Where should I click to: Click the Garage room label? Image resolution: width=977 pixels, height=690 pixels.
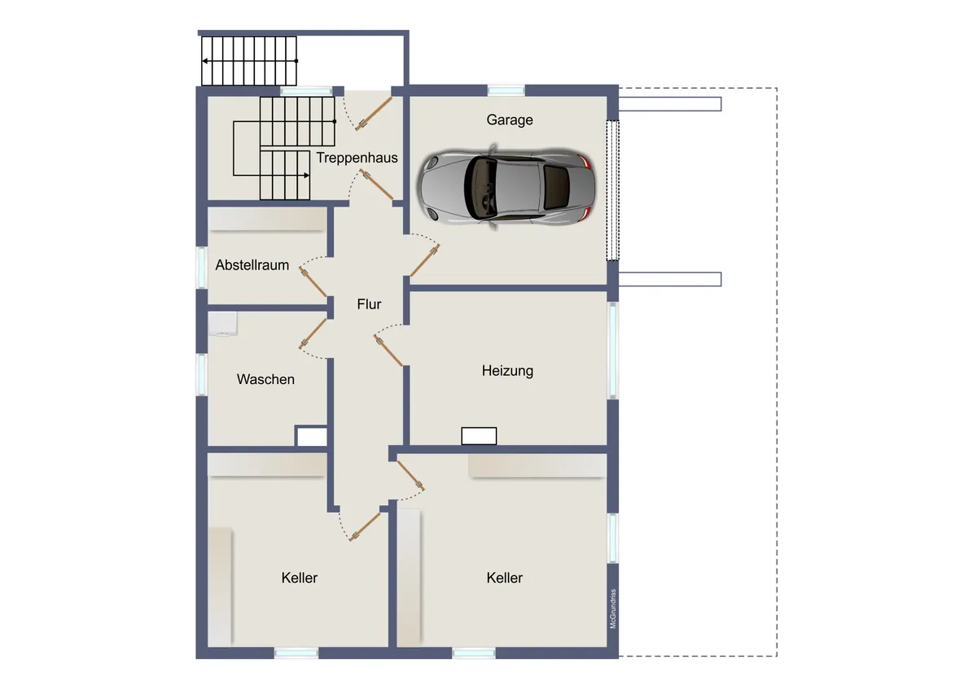point(510,120)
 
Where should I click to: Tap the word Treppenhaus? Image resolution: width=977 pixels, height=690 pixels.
point(357,158)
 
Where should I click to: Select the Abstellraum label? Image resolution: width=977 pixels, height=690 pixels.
point(252,265)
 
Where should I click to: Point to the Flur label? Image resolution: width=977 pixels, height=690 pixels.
point(369,304)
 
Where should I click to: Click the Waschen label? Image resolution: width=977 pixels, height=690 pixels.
point(265,379)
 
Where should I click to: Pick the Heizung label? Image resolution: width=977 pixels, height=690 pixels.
point(507,371)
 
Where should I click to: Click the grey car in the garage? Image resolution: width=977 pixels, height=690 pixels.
point(506,186)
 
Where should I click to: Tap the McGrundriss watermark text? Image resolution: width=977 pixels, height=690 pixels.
point(613,609)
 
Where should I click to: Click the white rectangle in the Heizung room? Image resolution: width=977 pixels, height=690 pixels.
point(479,436)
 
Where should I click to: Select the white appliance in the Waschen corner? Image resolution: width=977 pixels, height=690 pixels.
point(222,323)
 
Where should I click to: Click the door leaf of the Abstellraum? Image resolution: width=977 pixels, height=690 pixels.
point(313,282)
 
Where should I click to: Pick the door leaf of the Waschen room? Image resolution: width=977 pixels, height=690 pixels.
point(313,334)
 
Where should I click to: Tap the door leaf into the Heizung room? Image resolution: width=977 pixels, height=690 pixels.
point(388,351)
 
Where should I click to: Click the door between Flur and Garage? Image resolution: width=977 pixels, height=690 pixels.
point(424,260)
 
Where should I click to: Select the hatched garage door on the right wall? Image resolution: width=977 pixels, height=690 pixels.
point(613,190)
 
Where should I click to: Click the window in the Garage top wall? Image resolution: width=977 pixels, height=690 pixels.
point(506,90)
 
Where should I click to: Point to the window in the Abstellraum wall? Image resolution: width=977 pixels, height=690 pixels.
point(202,268)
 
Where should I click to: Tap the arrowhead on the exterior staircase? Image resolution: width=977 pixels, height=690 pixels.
point(204,61)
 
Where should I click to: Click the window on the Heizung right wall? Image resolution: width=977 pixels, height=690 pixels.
point(613,351)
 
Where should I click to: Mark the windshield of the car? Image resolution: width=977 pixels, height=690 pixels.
point(480,187)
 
